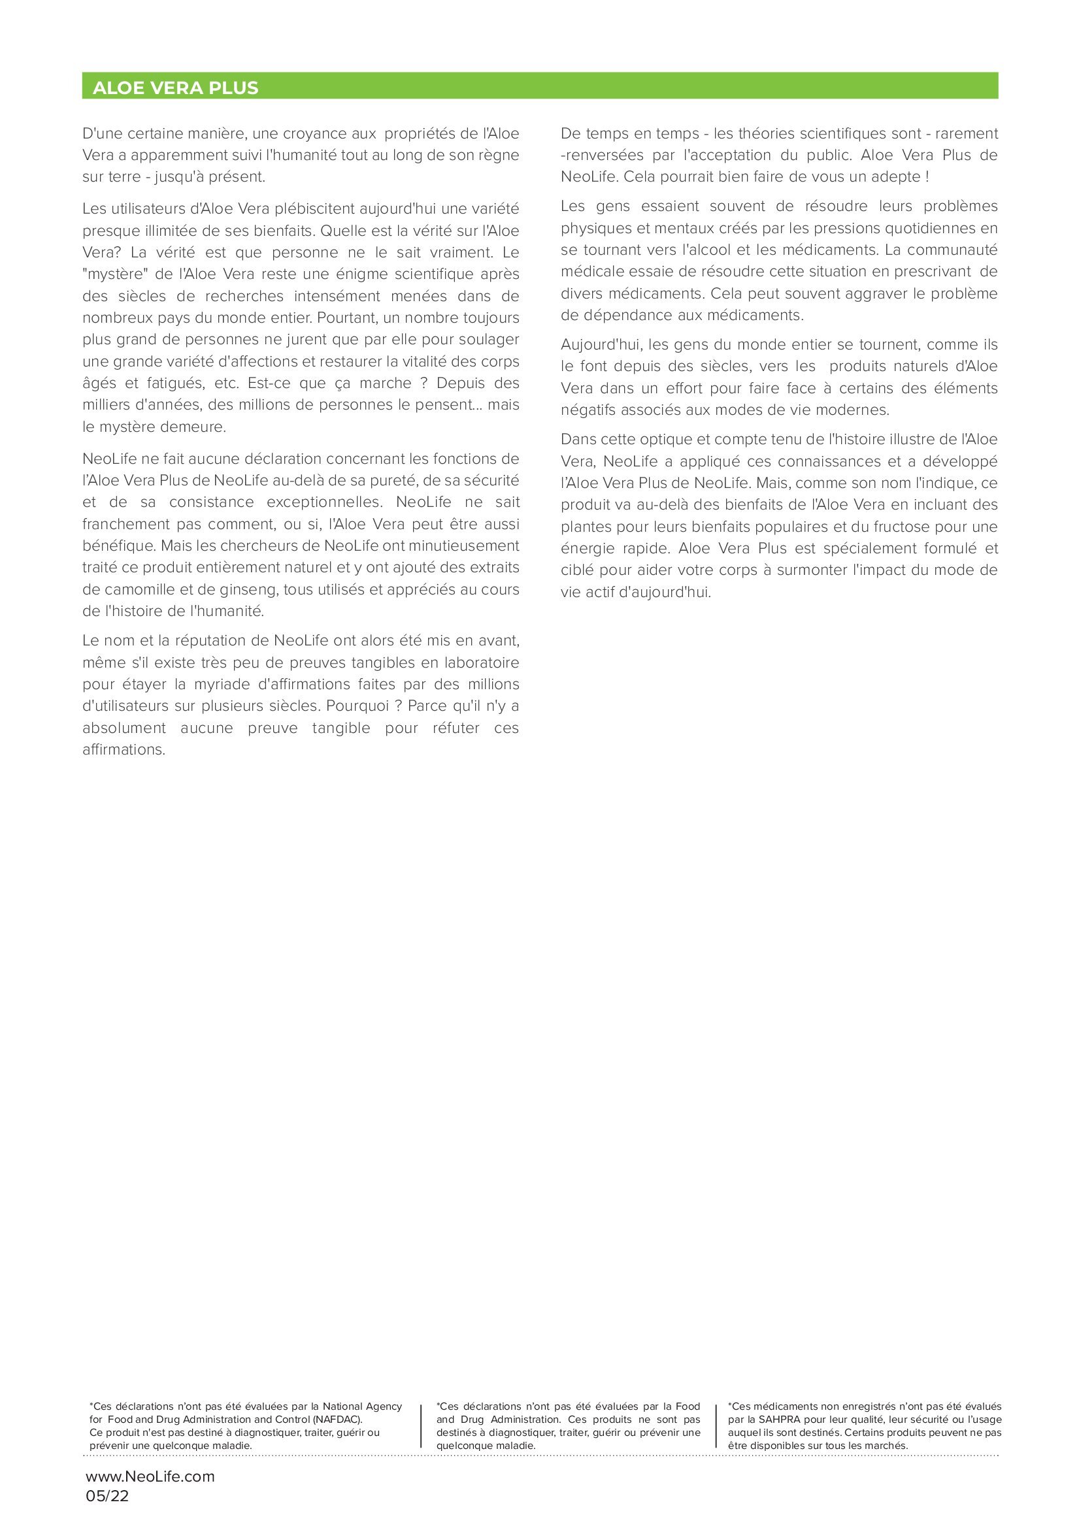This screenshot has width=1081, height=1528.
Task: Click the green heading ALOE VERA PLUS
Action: click(175, 88)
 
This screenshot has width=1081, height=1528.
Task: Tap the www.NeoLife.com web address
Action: click(150, 1476)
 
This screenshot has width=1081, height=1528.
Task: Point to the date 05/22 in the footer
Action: click(107, 1496)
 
